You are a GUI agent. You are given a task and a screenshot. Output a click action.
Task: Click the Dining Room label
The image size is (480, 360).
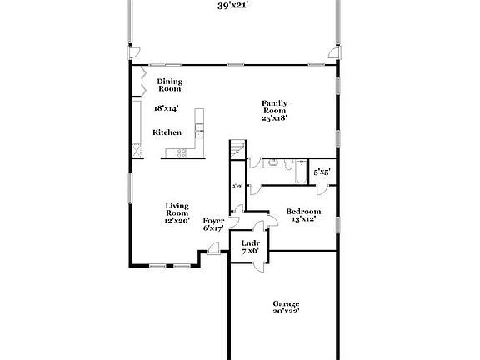(x=170, y=85)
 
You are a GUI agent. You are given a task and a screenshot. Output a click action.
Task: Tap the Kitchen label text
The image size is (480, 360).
(x=167, y=132)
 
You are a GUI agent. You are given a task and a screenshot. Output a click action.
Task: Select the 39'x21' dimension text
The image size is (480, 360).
(x=235, y=5)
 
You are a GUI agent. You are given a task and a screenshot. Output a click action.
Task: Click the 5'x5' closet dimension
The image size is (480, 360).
(x=322, y=172)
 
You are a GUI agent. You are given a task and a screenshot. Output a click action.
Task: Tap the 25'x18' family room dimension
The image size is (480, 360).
(x=275, y=119)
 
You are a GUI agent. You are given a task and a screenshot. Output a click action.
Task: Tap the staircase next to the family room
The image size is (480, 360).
(x=238, y=151)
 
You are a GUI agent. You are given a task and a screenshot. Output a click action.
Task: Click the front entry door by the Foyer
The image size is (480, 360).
(x=213, y=247)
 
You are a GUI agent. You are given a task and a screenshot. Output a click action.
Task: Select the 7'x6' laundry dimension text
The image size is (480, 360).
(x=250, y=251)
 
